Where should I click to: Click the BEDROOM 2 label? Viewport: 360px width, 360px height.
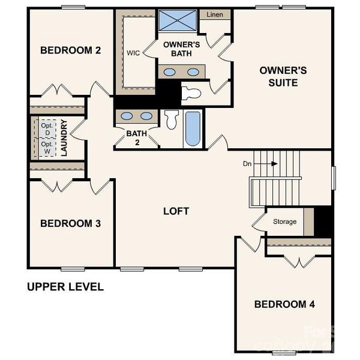tap(70, 50)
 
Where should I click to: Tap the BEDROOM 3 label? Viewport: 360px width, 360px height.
tap(70, 223)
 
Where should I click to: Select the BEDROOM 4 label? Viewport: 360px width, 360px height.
tap(284, 304)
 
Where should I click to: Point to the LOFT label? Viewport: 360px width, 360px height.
tap(176, 211)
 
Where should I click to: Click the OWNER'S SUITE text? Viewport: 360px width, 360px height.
tap(283, 76)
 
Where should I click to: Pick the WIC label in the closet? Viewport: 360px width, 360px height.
tap(133, 52)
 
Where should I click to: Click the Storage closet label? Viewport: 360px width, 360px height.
tap(284, 221)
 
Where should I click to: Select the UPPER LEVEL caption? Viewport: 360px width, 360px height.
tap(65, 287)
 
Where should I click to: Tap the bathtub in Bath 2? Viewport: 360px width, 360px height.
tap(193, 128)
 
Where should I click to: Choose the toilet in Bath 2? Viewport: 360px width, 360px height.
tap(171, 119)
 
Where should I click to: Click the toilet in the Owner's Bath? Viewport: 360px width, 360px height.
tap(191, 93)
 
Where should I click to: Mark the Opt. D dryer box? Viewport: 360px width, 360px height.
tap(47, 128)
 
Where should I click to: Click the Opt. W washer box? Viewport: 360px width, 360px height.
tap(47, 148)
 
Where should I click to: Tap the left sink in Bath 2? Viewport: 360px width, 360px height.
tap(126, 116)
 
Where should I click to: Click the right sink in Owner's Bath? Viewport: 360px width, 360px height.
tap(193, 72)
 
